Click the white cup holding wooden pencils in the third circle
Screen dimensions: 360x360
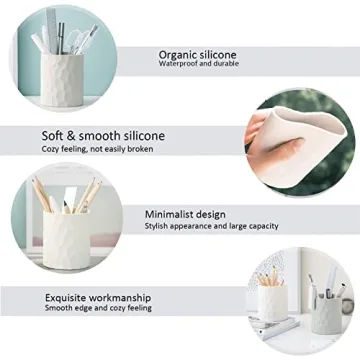tap(63, 238)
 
